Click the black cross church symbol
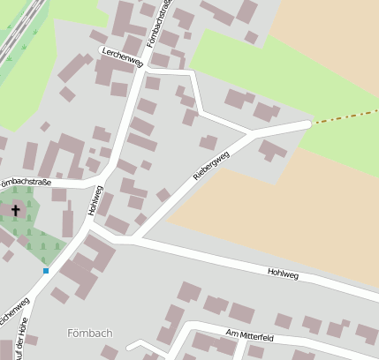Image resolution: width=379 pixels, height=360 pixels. [x=14, y=210]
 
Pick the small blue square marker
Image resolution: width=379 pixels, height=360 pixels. [x=45, y=270]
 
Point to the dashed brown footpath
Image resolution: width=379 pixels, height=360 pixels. [x=345, y=117]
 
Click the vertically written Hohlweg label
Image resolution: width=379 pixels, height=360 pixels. [x=96, y=200]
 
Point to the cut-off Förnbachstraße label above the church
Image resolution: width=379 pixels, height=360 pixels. [x=26, y=184]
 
